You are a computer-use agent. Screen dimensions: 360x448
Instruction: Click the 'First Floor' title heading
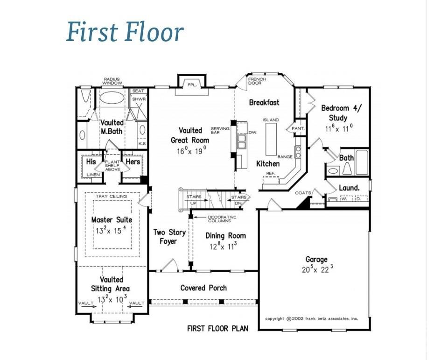tap(125, 33)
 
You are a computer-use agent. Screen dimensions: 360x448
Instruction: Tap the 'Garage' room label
tap(316, 260)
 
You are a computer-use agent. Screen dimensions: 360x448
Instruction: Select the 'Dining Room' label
tap(225, 236)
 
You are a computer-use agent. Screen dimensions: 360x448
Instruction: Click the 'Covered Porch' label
tap(203, 288)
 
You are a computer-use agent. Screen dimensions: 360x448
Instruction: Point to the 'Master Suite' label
tap(112, 219)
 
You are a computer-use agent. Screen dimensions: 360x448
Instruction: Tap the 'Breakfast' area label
tap(264, 102)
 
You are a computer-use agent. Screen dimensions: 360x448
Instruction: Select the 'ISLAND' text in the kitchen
tap(271, 120)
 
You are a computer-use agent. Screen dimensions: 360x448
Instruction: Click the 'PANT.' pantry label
tap(298, 128)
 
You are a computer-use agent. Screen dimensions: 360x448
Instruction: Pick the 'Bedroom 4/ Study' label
tap(341, 113)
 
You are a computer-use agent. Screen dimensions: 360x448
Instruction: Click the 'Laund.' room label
tap(349, 188)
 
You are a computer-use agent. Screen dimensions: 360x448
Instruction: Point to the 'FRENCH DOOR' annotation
tap(257, 81)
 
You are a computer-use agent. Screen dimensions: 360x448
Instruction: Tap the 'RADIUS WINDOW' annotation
tap(113, 81)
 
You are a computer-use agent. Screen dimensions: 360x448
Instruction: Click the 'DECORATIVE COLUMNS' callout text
tap(222, 219)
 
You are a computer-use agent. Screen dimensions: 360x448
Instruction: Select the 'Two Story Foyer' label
tap(169, 237)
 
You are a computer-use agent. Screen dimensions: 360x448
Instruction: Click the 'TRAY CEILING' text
tap(112, 196)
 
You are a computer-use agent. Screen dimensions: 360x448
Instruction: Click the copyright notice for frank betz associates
tap(311, 318)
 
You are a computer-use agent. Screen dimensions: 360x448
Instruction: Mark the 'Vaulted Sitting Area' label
tap(112, 284)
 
